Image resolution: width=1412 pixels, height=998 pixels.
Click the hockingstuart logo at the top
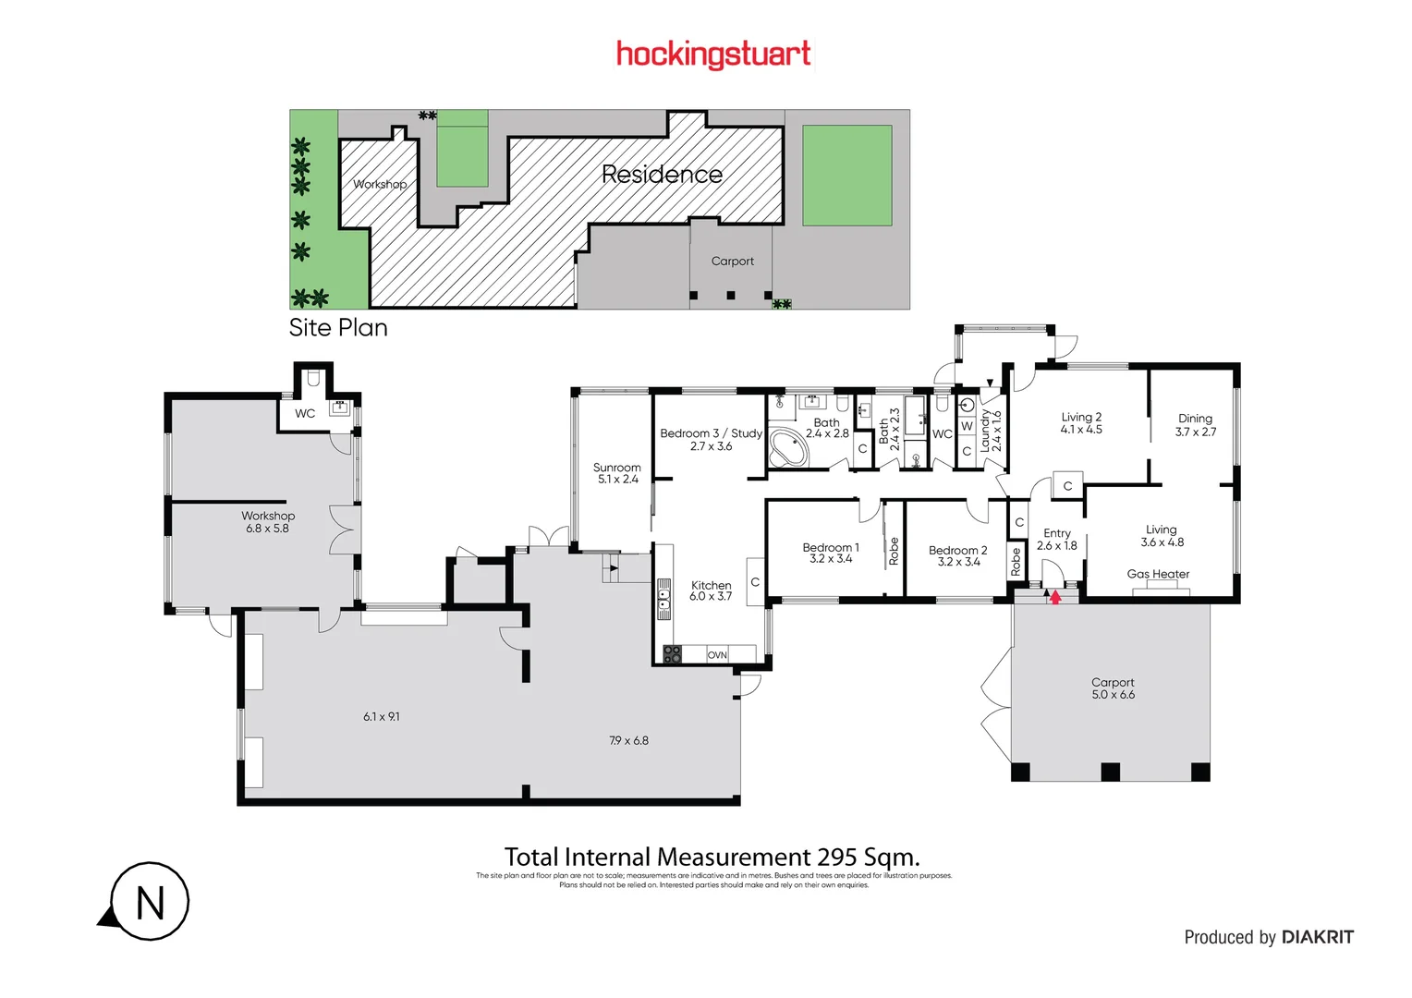(712, 55)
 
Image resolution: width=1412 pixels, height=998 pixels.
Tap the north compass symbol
(149, 902)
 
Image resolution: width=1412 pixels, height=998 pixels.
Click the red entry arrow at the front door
(1055, 598)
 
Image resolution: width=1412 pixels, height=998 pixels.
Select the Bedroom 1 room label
(830, 553)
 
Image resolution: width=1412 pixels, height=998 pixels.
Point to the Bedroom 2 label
(957, 555)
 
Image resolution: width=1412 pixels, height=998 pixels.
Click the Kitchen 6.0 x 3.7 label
(711, 590)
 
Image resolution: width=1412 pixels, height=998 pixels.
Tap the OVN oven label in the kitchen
(717, 655)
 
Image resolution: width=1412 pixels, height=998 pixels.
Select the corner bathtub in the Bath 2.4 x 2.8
(788, 448)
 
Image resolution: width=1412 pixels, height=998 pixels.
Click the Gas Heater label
(1158, 574)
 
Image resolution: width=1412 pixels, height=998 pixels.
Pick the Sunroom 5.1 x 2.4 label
(616, 473)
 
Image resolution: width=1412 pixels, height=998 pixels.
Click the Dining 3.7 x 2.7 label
(1195, 425)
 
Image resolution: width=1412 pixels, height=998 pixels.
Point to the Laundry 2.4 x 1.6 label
(991, 431)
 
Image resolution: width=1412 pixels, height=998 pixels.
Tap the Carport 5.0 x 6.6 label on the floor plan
(1113, 688)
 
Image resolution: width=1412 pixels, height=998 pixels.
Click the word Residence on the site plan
(662, 174)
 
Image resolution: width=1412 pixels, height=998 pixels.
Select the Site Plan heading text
(338, 328)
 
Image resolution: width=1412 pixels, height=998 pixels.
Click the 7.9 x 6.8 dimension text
(628, 740)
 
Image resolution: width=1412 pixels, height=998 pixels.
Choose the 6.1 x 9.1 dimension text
(381, 716)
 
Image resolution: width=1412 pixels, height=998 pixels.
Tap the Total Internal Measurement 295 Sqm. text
(712, 857)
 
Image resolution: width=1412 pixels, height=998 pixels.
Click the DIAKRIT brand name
(1317, 937)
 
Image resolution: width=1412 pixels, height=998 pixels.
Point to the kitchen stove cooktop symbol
(672, 654)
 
